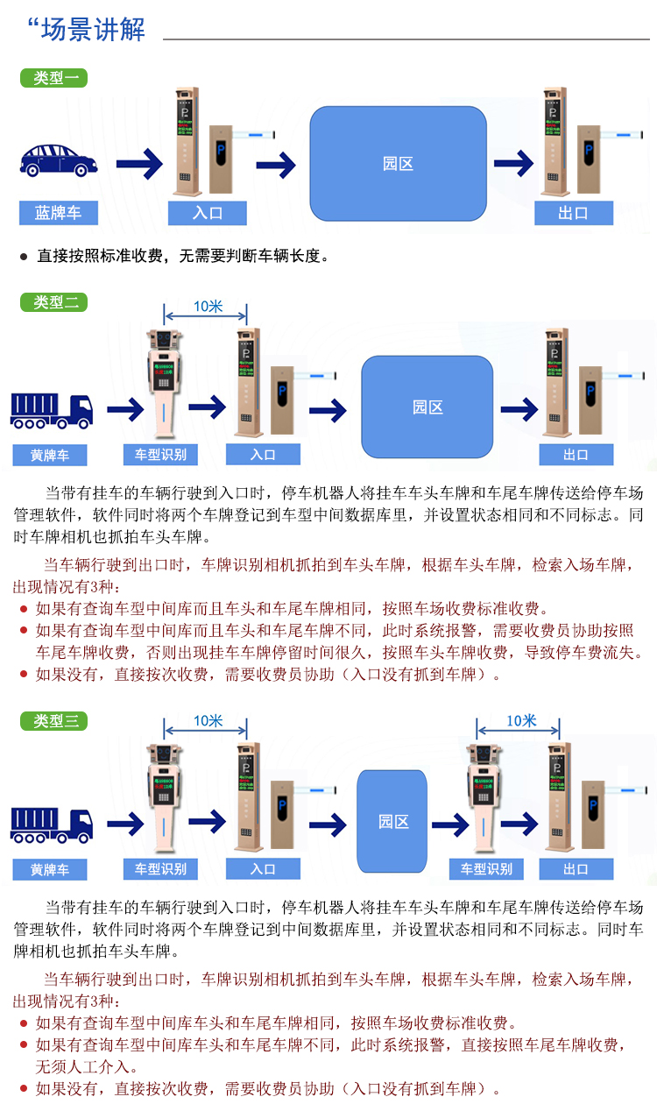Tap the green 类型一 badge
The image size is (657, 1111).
(x=53, y=78)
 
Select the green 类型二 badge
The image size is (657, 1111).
(x=53, y=302)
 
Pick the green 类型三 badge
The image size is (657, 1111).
(x=53, y=720)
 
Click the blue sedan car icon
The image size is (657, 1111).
(x=59, y=159)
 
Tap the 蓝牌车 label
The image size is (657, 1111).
(x=59, y=213)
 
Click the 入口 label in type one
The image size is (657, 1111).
(x=208, y=213)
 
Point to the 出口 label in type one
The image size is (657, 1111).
(x=573, y=213)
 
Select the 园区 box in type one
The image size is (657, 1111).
(x=398, y=164)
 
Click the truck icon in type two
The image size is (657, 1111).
(x=52, y=410)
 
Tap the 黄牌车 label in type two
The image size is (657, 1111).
(x=50, y=455)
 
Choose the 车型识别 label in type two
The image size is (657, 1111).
(x=160, y=454)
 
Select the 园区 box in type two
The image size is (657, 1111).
(x=427, y=407)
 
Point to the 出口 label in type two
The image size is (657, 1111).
(x=576, y=454)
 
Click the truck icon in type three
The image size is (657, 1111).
(x=52, y=824)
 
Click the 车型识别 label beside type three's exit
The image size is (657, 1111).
(x=486, y=868)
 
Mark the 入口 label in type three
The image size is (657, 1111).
(x=263, y=868)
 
